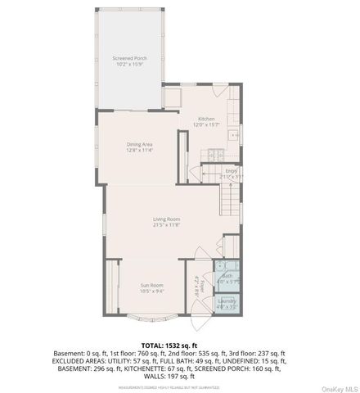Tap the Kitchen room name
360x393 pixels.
(x=206, y=119)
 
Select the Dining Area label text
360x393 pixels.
(x=140, y=144)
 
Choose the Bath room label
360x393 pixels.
(x=227, y=276)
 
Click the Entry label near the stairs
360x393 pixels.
(x=232, y=171)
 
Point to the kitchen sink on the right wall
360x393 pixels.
(x=236, y=133)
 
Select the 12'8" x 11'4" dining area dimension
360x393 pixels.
(x=140, y=151)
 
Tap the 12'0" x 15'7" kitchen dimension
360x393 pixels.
(x=206, y=124)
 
